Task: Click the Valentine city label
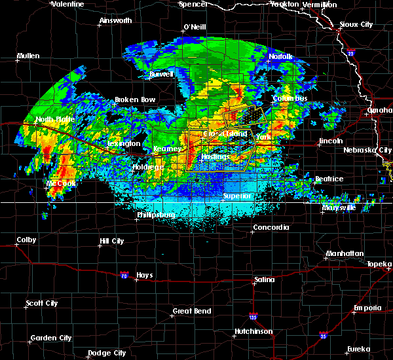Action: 67,4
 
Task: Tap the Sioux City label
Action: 356,24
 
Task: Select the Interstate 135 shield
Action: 253,317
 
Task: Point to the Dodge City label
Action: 107,353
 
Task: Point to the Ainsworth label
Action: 115,20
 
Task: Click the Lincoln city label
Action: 330,141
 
